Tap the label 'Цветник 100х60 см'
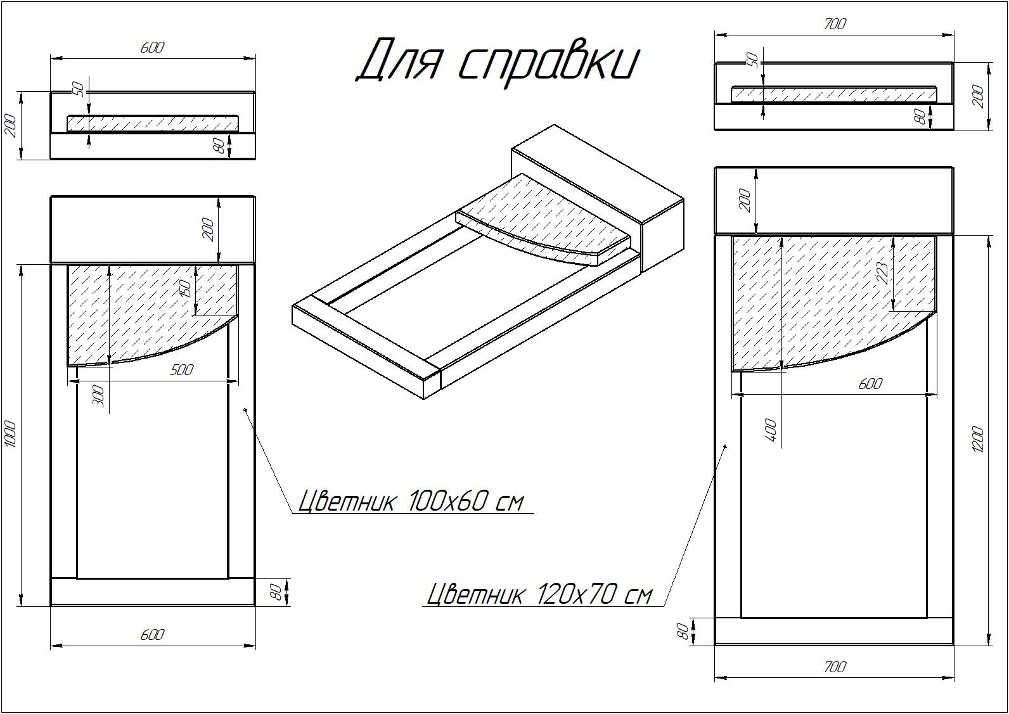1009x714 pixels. click(411, 501)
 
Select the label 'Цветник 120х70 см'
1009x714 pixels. click(539, 594)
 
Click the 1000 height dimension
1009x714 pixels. click(11, 434)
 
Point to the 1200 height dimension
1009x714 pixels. click(977, 440)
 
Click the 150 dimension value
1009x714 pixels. click(186, 288)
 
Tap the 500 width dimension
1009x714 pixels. click(181, 369)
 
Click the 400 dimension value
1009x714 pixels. click(771, 430)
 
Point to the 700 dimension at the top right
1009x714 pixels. click(835, 24)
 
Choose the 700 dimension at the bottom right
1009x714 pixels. click(835, 666)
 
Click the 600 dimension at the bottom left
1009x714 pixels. click(152, 635)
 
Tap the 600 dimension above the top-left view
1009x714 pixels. click(152, 48)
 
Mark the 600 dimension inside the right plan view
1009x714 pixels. click(870, 383)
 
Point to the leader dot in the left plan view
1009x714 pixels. click(245, 410)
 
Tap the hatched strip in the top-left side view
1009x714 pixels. click(153, 124)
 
